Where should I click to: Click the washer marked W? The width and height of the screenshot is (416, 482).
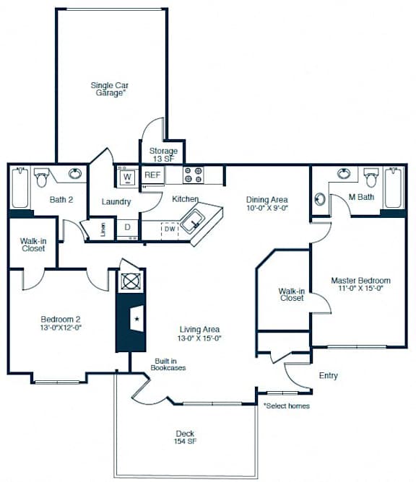click(x=127, y=177)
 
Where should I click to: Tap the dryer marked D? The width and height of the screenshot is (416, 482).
click(x=128, y=229)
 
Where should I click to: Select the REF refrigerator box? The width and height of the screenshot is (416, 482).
click(x=152, y=175)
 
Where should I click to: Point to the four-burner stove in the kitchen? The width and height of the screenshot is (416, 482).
click(x=194, y=175)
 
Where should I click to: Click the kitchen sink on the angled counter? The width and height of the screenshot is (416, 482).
click(x=193, y=221)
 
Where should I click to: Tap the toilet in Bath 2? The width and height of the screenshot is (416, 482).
click(x=40, y=177)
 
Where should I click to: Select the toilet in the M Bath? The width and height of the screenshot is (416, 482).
click(x=370, y=177)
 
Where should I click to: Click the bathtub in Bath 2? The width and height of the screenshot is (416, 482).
click(x=20, y=188)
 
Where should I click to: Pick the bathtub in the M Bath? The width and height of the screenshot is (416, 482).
click(x=394, y=188)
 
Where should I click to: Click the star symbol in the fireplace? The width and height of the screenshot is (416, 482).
click(x=137, y=319)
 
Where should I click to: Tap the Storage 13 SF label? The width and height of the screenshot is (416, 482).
click(x=163, y=155)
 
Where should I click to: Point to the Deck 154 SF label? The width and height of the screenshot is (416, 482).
click(x=185, y=437)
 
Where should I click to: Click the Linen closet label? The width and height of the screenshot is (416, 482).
click(x=103, y=229)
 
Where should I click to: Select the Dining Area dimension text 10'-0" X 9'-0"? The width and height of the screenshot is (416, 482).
click(x=267, y=208)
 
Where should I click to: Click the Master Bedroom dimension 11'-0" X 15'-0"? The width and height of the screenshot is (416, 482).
click(x=360, y=289)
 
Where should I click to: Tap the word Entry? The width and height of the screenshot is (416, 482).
click(x=329, y=376)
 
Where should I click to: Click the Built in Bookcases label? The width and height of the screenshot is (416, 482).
click(x=168, y=364)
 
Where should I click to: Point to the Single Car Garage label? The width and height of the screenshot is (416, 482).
click(x=110, y=89)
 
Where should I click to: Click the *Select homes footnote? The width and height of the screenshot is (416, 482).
click(x=287, y=406)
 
